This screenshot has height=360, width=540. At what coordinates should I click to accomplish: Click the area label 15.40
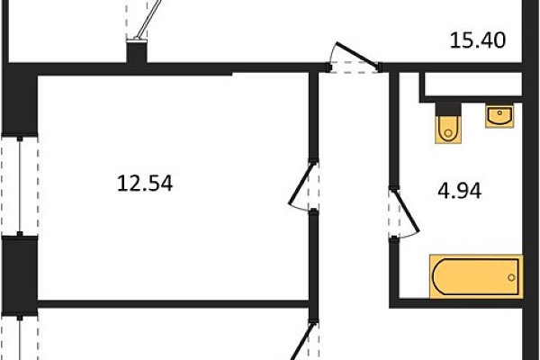pos(478,40)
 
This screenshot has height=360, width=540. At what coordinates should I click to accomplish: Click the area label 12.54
pos(145,184)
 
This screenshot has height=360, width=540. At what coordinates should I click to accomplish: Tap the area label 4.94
pos(459,191)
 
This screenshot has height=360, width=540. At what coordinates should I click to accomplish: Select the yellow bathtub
pos(476,276)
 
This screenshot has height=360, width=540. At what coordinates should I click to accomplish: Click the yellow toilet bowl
pos(448,130)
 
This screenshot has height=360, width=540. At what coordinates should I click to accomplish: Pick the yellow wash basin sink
pos(499,116)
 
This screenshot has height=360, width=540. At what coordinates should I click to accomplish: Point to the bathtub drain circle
pos(511,277)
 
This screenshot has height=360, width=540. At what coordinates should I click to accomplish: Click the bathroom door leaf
pos(406,211)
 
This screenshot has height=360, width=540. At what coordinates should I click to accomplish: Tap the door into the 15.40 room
pos(355,54)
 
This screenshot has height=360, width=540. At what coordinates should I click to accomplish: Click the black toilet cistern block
pos(448,109)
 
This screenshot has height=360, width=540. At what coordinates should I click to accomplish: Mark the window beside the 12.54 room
pos(20,185)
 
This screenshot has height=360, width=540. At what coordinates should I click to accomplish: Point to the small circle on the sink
pos(499,112)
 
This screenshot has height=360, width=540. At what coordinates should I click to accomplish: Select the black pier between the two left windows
pos(20,274)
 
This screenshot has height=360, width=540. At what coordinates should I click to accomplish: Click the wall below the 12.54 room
pos(173,303)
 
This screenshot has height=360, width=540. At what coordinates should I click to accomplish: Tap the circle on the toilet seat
pos(448,133)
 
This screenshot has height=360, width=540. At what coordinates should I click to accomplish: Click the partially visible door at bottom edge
pos(301,342)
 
